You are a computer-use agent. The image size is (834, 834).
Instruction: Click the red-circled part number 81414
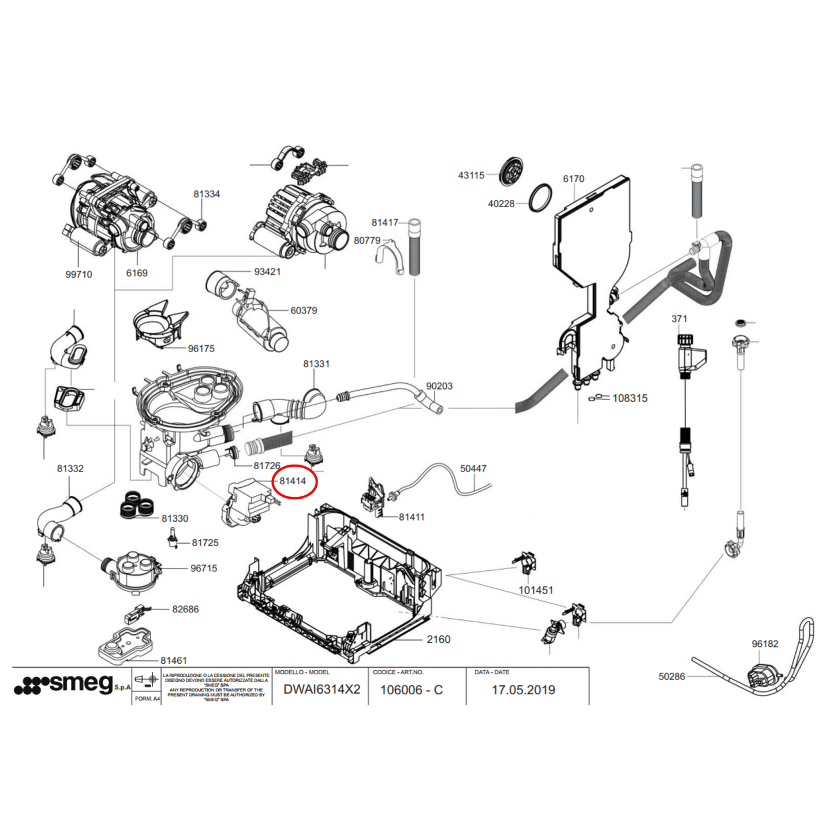pyautogui.click(x=293, y=481)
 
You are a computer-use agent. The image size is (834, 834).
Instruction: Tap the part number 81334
pyautogui.click(x=207, y=195)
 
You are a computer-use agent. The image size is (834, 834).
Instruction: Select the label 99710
pyautogui.click(x=78, y=275)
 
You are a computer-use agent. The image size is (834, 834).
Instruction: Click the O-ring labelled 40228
pyautogui.click(x=540, y=198)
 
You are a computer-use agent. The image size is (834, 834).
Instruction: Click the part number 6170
pyautogui.click(x=573, y=179)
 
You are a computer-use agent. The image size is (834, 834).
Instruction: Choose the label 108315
pyautogui.click(x=630, y=398)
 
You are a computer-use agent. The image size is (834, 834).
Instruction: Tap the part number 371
pyautogui.click(x=679, y=319)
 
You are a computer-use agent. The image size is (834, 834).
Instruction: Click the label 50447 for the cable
pyautogui.click(x=473, y=469)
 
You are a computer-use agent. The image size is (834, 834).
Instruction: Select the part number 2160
pyautogui.click(x=438, y=639)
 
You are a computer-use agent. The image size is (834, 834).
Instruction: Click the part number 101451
pyautogui.click(x=536, y=590)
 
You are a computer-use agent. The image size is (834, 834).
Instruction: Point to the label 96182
pyautogui.click(x=765, y=644)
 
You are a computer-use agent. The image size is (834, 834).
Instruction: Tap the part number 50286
pyautogui.click(x=671, y=676)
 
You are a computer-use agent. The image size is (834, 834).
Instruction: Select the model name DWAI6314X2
pyautogui.click(x=321, y=690)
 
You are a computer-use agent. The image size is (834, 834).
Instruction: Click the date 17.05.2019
pyautogui.click(x=523, y=690)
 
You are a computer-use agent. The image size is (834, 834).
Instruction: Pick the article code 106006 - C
pyautogui.click(x=411, y=690)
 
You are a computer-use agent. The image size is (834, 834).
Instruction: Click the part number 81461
pyautogui.click(x=174, y=660)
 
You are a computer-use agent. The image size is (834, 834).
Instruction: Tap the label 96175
pyautogui.click(x=201, y=349)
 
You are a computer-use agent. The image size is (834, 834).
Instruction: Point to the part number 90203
pyautogui.click(x=439, y=386)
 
